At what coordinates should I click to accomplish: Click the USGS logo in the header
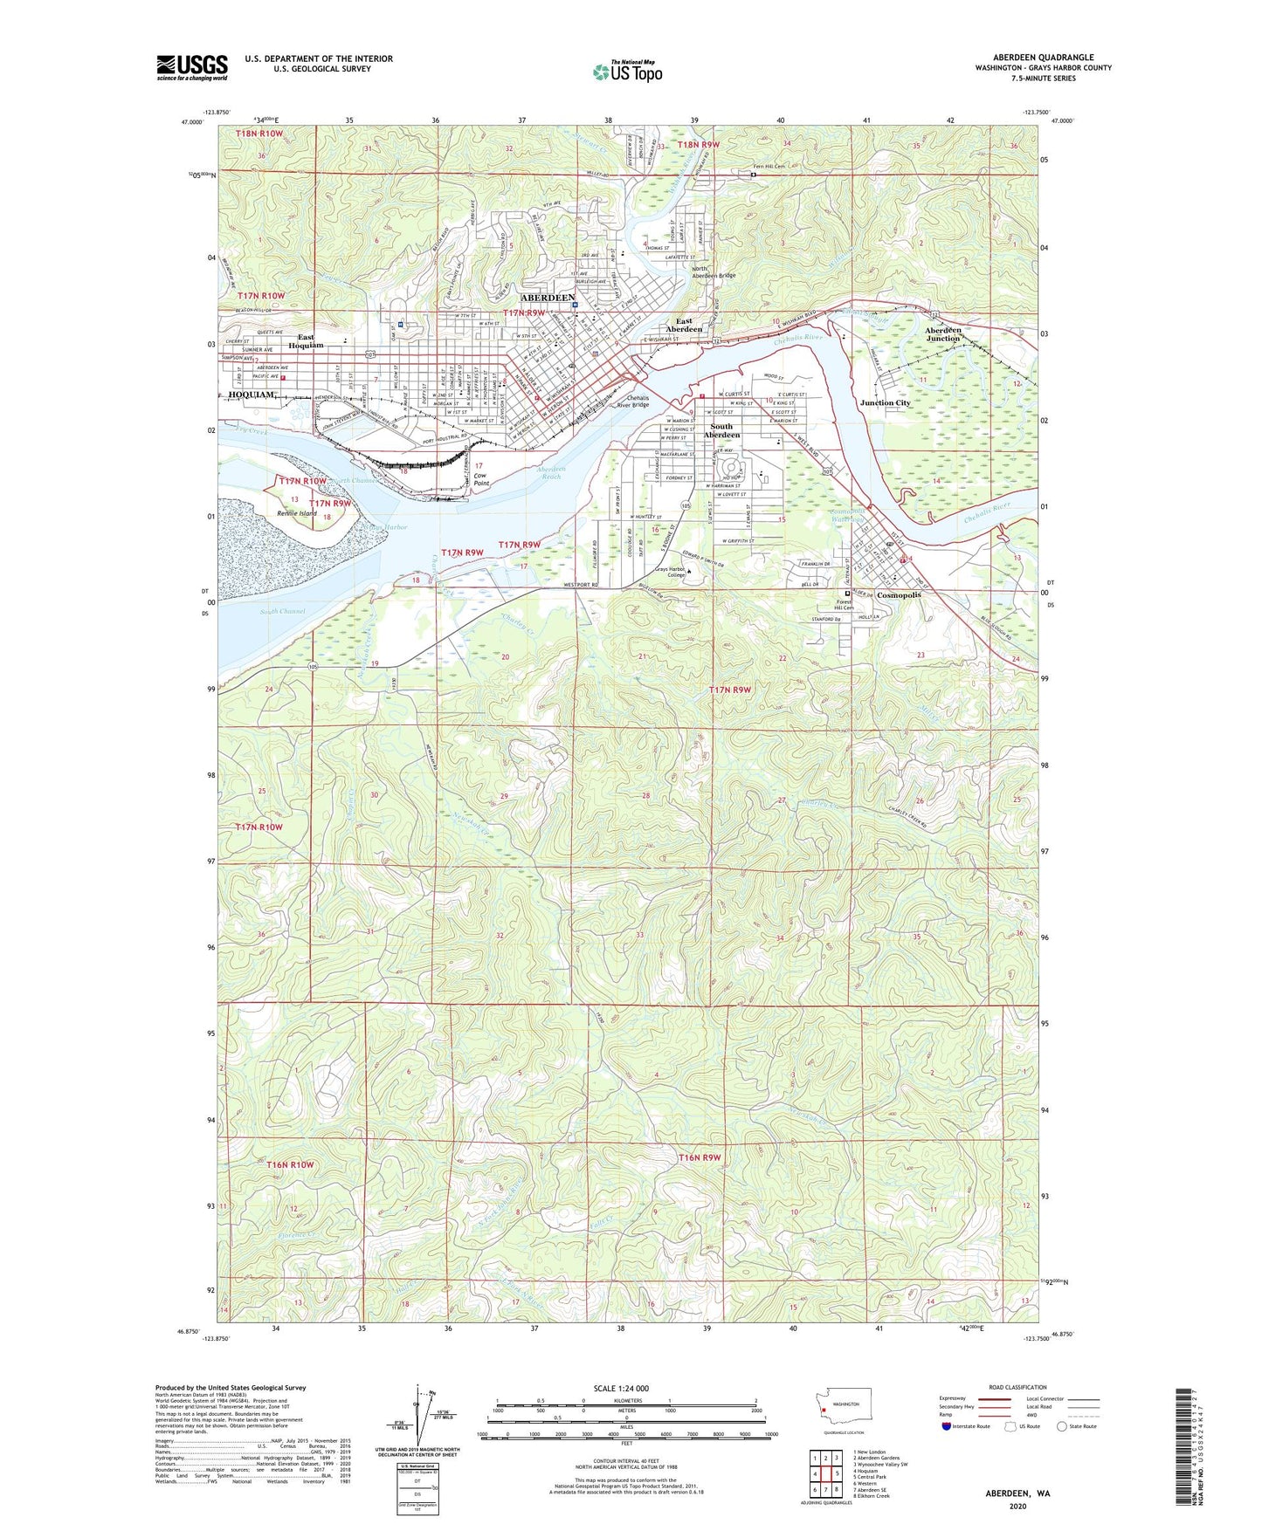192,67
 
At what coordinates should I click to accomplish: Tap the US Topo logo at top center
628,72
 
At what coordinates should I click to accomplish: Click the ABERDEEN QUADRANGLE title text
1043,57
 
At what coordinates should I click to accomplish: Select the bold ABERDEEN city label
547,298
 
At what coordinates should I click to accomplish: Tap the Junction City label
885,403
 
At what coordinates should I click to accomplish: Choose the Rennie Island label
297,513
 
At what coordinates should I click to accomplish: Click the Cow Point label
481,479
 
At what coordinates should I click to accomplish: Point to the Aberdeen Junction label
943,334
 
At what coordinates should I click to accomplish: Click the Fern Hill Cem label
771,166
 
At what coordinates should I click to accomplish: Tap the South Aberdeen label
721,430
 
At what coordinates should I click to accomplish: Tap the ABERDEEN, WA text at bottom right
1017,1493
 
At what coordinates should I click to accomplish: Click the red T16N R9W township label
700,1157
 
